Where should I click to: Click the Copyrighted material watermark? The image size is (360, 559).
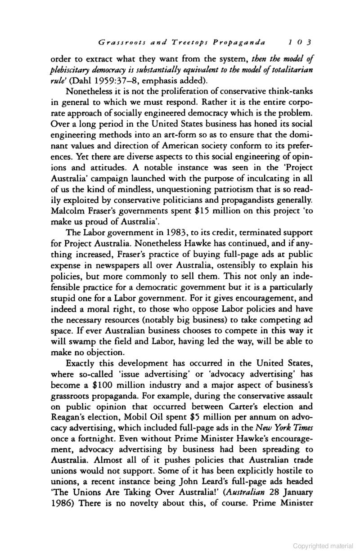click(x=323, y=546)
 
